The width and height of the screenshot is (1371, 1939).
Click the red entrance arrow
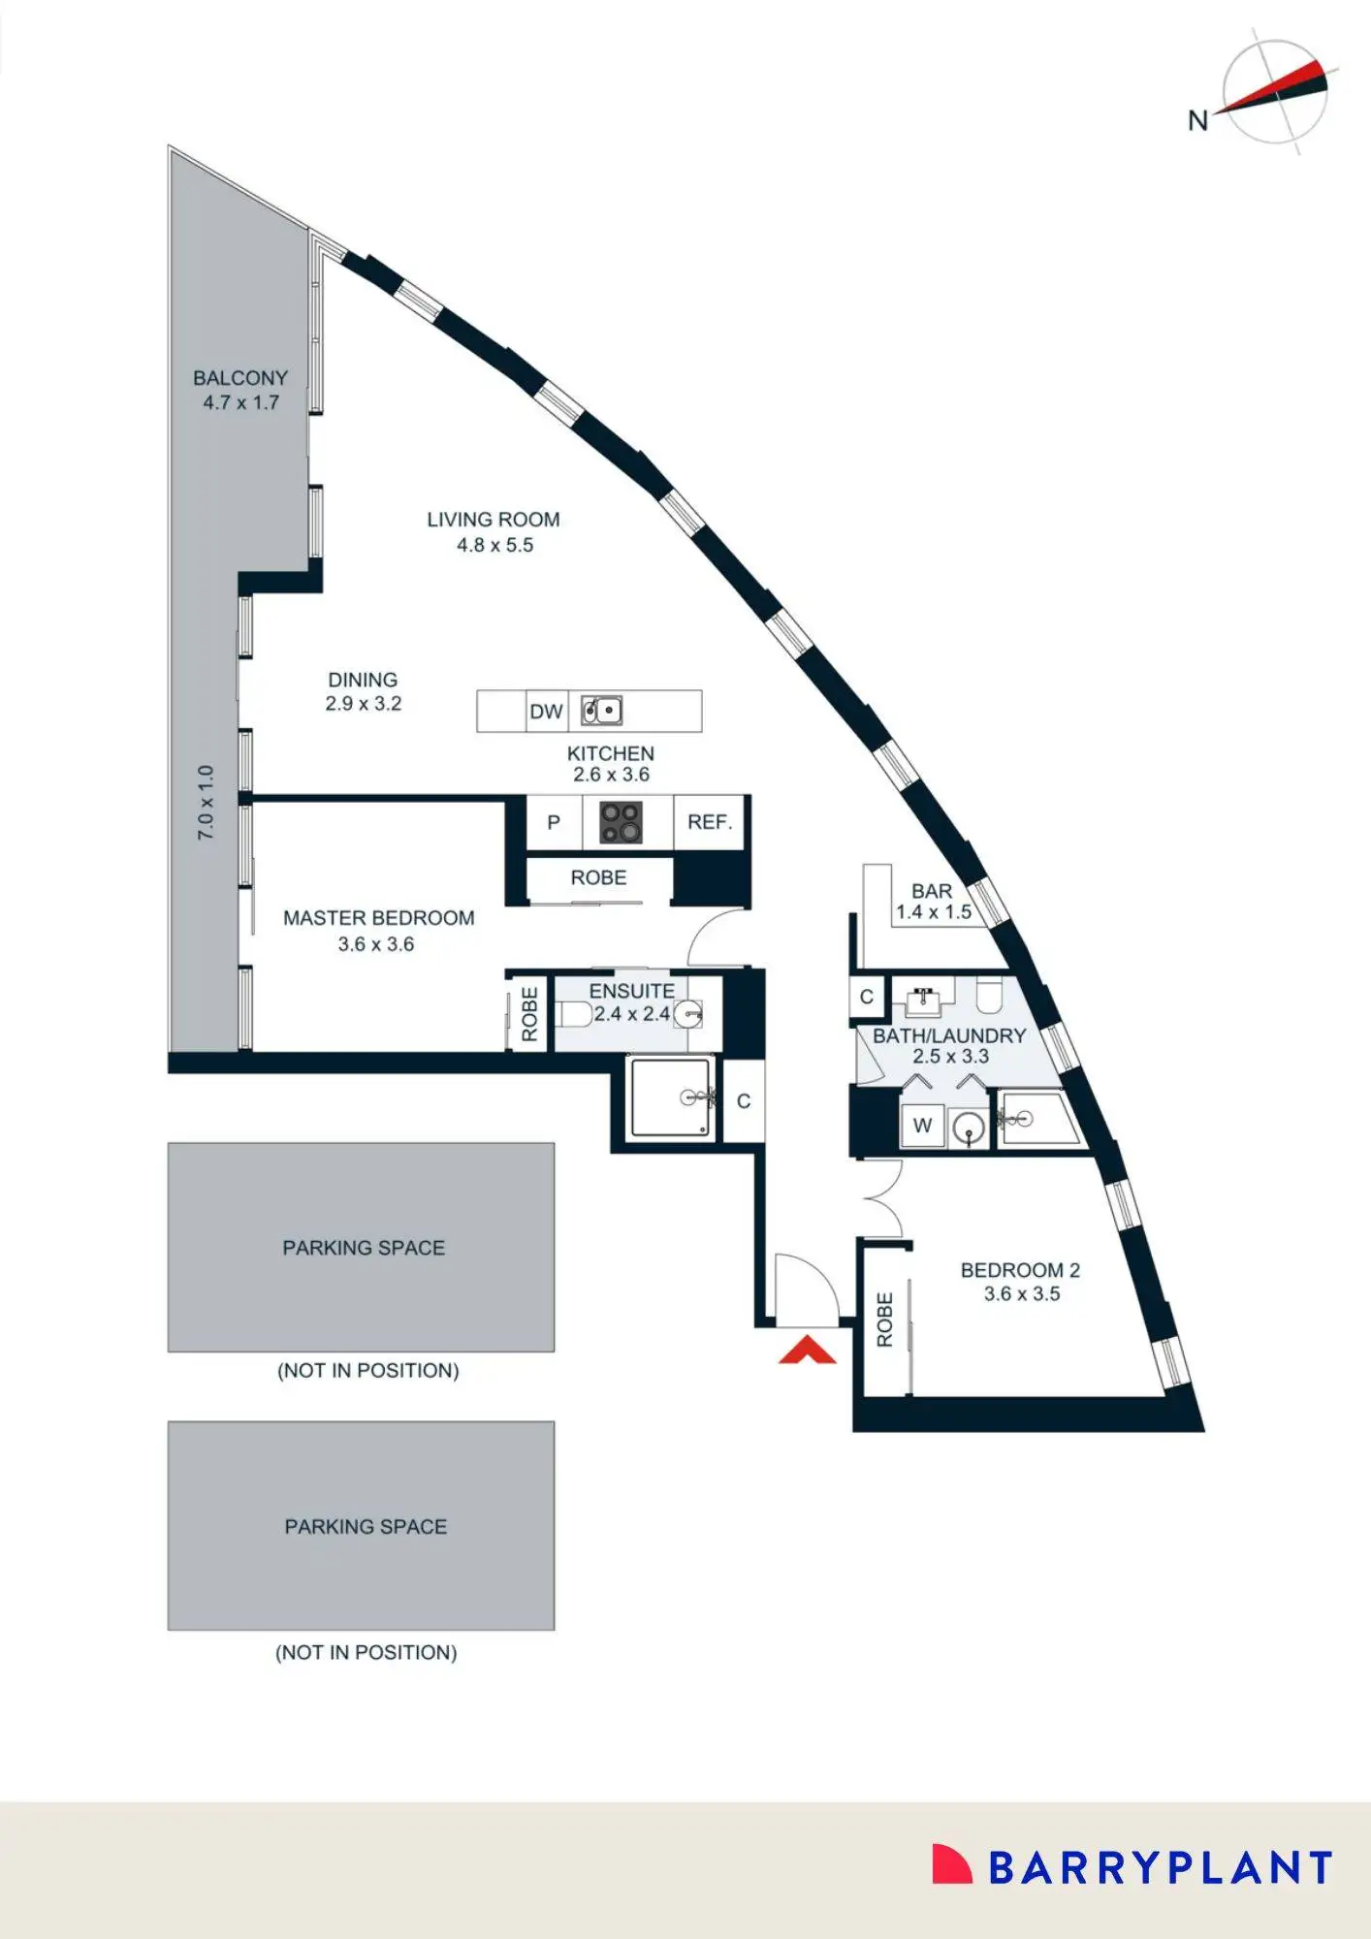[807, 1351]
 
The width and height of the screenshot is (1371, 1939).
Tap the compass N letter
[1198, 120]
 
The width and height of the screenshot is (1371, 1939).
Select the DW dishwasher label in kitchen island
[546, 712]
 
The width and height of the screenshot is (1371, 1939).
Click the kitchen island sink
[601, 711]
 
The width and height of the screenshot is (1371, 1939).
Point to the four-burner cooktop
[621, 822]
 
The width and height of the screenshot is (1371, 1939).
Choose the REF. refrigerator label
[710, 822]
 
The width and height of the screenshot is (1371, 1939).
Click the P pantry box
[554, 822]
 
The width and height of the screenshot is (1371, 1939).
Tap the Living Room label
[494, 520]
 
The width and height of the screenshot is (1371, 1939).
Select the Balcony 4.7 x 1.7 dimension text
[241, 402]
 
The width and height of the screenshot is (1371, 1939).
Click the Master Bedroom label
[379, 918]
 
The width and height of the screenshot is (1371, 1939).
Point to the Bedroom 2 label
[1020, 1270]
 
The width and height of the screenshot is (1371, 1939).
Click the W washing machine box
[922, 1126]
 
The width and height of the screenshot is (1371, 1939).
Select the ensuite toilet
[575, 1014]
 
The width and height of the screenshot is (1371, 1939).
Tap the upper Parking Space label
[364, 1248]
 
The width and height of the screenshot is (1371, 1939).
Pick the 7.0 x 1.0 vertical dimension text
[206, 802]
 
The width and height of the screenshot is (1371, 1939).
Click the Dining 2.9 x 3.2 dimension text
[364, 704]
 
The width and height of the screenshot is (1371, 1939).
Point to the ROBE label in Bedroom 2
[884, 1319]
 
